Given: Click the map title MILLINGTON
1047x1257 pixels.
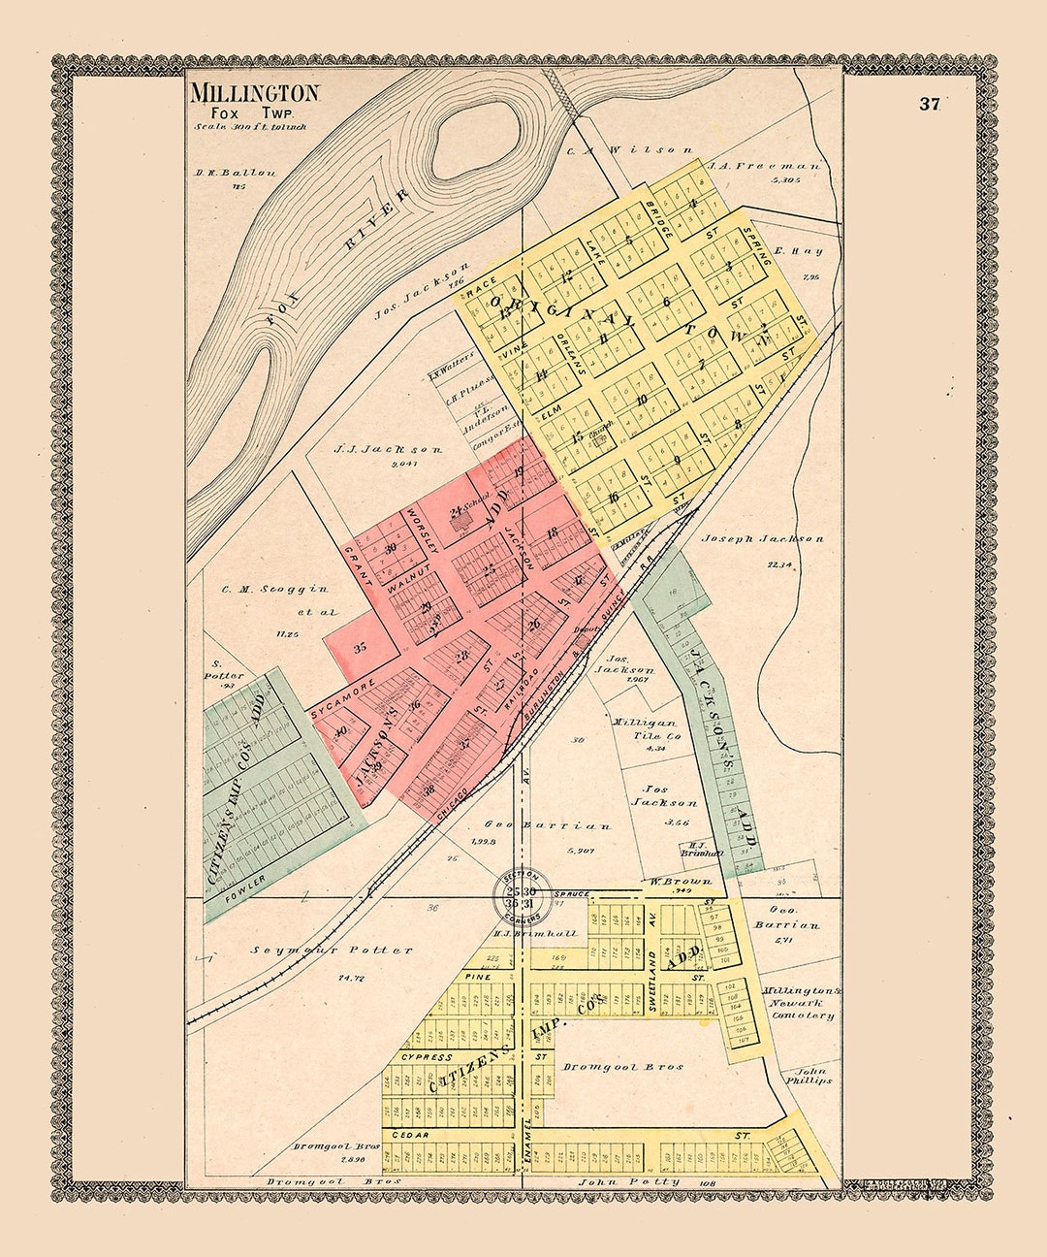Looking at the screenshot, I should pos(254,94).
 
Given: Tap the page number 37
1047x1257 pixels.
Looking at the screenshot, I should pos(930,106).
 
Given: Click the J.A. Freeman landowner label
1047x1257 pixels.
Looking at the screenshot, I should pos(764,166).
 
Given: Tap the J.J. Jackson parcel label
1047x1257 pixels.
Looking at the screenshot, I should pos(387,450).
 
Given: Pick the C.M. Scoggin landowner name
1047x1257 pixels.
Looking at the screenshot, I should pos(262,589).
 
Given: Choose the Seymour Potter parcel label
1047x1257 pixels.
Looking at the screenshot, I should pos(332,951).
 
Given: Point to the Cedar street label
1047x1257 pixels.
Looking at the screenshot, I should pos(411,1133).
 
